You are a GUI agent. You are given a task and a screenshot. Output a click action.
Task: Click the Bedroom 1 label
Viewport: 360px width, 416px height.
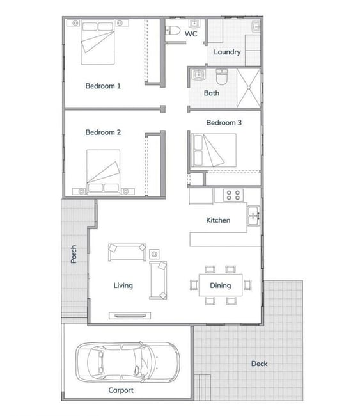[103, 86]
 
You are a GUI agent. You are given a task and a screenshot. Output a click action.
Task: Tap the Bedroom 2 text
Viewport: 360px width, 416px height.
[103, 132]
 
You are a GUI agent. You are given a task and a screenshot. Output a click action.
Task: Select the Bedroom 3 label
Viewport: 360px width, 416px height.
[224, 123]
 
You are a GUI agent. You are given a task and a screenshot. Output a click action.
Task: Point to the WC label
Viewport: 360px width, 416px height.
[191, 34]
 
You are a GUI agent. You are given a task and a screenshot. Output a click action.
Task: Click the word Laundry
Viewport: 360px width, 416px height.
[227, 52]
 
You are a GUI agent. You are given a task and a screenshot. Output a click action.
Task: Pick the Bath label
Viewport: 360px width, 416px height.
[212, 93]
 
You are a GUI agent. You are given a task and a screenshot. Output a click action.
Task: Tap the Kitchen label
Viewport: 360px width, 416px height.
[218, 220]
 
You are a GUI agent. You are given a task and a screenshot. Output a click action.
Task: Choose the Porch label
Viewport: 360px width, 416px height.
[74, 254]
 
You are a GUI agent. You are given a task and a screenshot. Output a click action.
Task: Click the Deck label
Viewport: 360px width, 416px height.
[259, 364]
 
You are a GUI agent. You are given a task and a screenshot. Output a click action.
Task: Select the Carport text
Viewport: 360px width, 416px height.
[121, 390]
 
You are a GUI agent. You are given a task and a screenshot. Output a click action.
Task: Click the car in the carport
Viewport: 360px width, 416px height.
[127, 362]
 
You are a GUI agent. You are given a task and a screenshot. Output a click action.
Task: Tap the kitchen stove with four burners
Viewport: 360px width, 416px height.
[233, 195]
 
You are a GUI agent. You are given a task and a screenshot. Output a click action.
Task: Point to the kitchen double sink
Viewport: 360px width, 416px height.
[254, 216]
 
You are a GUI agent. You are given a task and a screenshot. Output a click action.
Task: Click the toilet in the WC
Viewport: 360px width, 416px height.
[173, 31]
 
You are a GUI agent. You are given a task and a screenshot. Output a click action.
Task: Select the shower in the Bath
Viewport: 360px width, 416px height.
[249, 88]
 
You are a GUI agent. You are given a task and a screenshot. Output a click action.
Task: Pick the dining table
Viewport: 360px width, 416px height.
[221, 285]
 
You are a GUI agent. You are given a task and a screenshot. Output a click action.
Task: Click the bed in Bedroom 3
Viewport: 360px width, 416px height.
[214, 150]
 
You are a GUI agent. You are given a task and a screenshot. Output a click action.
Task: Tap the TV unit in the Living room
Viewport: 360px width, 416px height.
[130, 316]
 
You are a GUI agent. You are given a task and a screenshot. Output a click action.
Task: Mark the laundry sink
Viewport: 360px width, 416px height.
[256, 26]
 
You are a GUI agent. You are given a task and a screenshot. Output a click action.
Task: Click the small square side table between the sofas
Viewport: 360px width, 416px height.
[154, 254]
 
